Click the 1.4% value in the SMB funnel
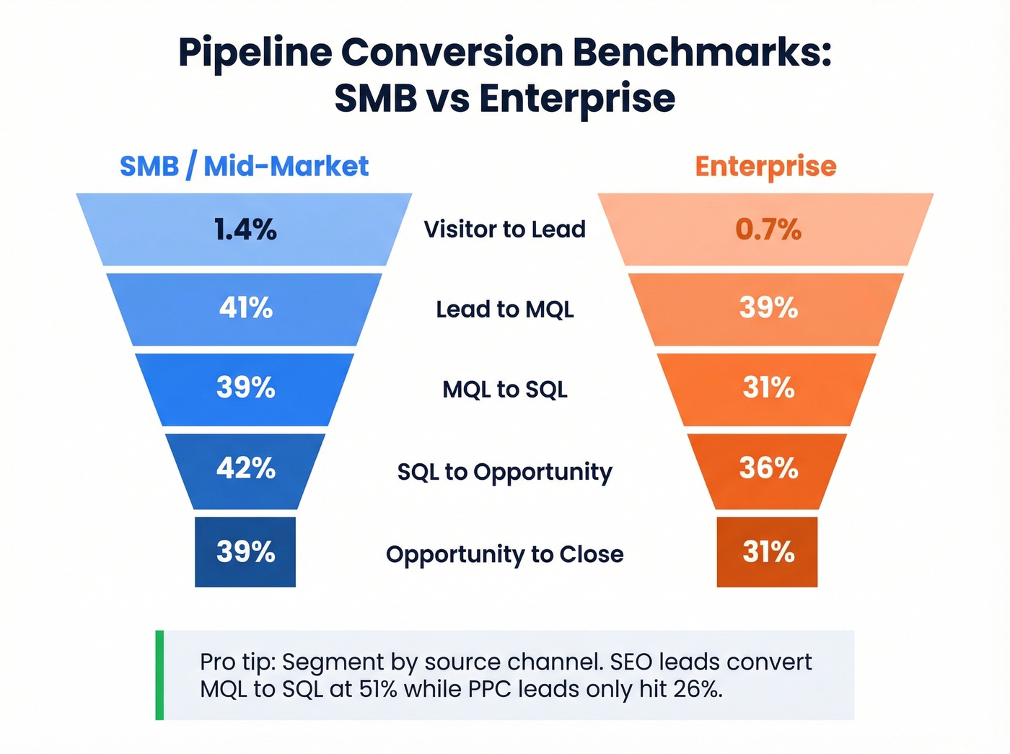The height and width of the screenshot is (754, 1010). pyautogui.click(x=245, y=229)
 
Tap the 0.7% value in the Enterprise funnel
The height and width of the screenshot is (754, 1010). pyautogui.click(x=768, y=229)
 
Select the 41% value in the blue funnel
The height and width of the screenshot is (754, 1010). pyautogui.click(x=245, y=308)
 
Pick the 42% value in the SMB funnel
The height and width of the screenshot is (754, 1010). pyautogui.click(x=245, y=468)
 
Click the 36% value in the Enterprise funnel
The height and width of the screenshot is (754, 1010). pyautogui.click(x=768, y=468)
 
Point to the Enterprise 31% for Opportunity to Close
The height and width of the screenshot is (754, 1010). pyautogui.click(x=768, y=552)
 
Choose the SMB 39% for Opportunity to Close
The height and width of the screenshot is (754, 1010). pyautogui.click(x=245, y=552)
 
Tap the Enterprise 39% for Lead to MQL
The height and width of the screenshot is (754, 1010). pyautogui.click(x=768, y=308)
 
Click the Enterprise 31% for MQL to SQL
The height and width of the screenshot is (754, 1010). pyautogui.click(x=768, y=388)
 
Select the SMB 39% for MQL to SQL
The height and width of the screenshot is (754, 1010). pyautogui.click(x=245, y=388)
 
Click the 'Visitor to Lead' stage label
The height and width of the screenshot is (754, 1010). pyautogui.click(x=504, y=229)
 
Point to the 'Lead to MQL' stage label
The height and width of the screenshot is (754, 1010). pyautogui.click(x=504, y=310)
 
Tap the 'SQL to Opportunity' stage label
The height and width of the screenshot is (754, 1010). pyautogui.click(x=504, y=472)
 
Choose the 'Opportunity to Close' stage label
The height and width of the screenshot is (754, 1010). pyautogui.click(x=504, y=554)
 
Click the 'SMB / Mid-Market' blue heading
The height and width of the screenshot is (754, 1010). pyautogui.click(x=244, y=166)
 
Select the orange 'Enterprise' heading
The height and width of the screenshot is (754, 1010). pyautogui.click(x=765, y=167)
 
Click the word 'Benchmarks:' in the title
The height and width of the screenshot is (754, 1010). pyautogui.click(x=701, y=53)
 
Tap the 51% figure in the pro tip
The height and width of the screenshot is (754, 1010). pyautogui.click(x=379, y=689)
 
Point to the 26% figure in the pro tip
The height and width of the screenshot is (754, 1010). pyautogui.click(x=697, y=689)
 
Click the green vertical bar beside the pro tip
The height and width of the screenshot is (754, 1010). pyautogui.click(x=159, y=675)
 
